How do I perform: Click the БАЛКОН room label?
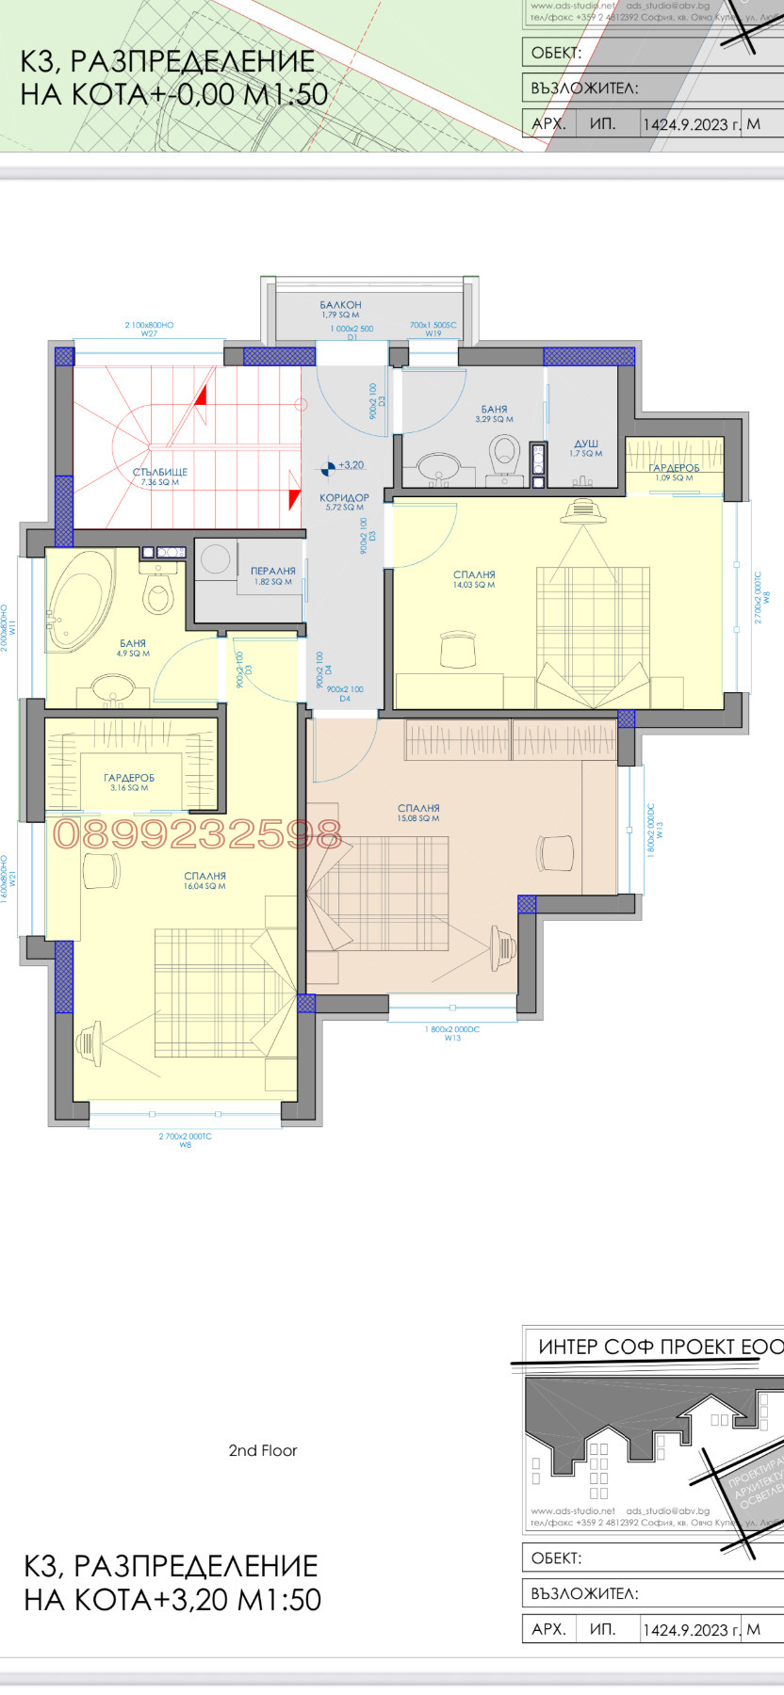tap(340, 305)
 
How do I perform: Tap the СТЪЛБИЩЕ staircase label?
tap(159, 472)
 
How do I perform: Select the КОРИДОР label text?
tap(344, 497)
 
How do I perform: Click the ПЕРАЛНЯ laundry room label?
tap(272, 571)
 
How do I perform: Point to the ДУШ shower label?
tap(585, 444)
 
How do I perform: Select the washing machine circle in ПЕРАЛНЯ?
tap(215, 558)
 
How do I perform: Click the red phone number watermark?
tap(197, 834)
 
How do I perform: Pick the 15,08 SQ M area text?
tap(417, 818)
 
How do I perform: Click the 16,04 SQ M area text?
tap(204, 886)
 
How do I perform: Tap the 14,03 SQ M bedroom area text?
tap(473, 585)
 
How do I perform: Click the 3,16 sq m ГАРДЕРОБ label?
tap(129, 778)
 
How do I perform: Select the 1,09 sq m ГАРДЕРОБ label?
tap(674, 468)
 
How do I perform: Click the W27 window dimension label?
tap(149, 333)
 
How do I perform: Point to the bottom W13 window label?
tap(452, 1038)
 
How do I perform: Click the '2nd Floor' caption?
tap(262, 1450)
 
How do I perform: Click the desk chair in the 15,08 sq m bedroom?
tap(555, 853)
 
